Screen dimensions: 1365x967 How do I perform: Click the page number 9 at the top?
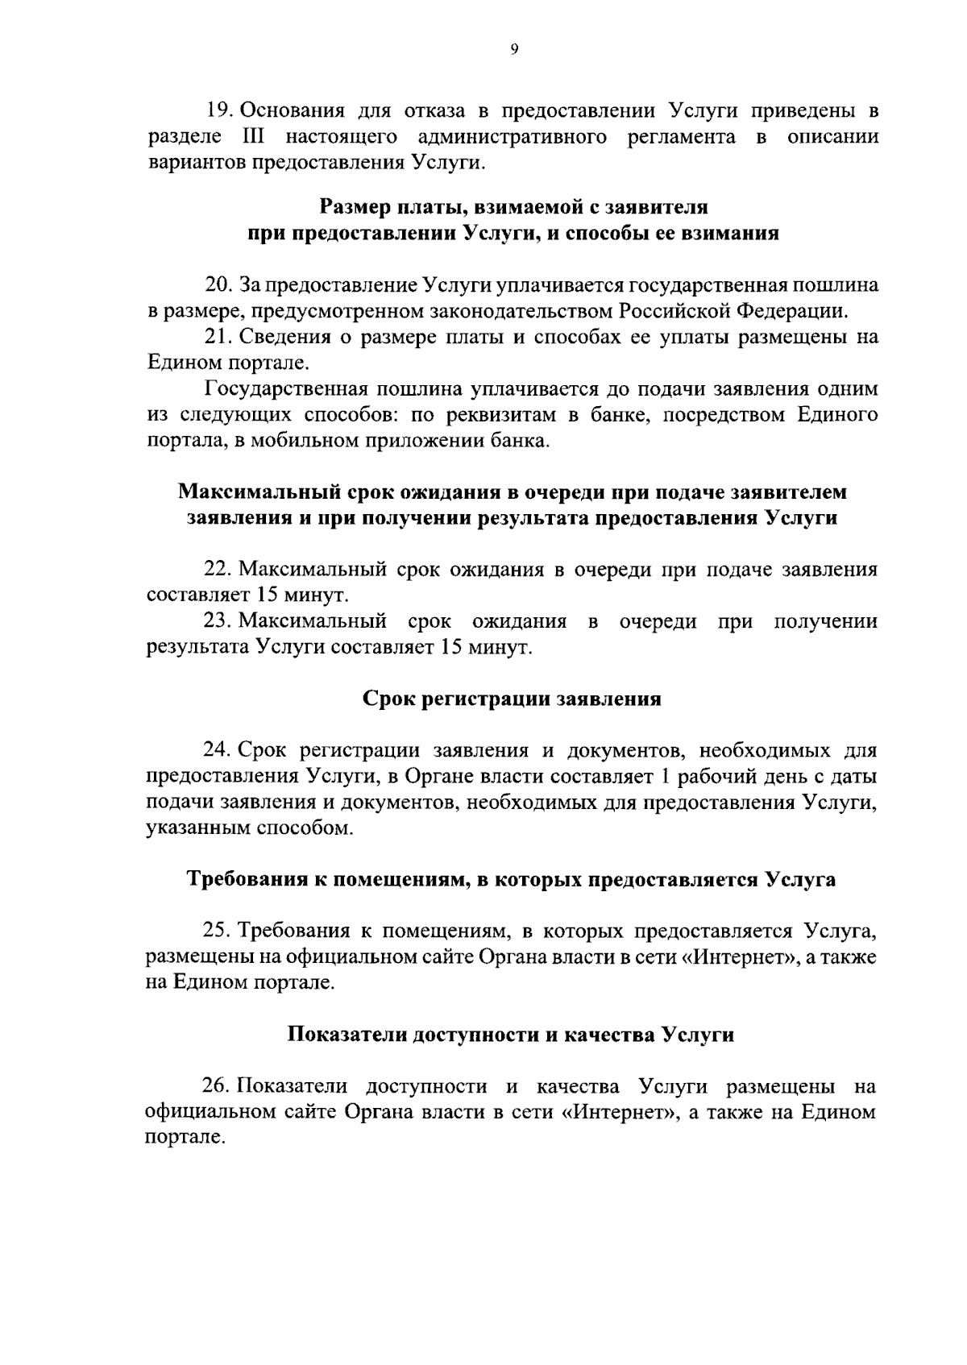(514, 50)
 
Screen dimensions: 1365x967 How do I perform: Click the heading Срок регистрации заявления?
(512, 699)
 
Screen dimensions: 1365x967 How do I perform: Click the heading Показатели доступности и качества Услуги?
(511, 1035)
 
